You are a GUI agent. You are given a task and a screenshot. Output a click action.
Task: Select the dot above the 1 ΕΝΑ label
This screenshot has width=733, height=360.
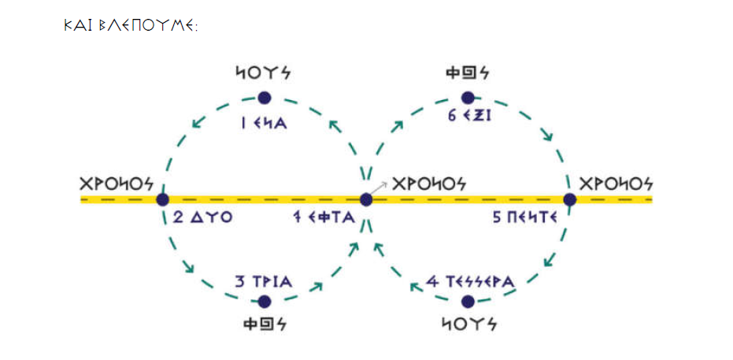[x=265, y=98]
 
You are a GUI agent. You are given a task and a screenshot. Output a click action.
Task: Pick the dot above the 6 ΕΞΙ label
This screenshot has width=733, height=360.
[x=468, y=98]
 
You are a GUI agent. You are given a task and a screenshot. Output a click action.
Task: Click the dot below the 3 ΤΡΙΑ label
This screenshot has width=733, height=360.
[x=265, y=302]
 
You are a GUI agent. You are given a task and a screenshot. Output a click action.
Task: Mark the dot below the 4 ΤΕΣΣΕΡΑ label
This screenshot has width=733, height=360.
[x=468, y=302]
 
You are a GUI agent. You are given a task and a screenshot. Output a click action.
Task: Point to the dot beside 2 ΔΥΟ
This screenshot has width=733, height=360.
[x=163, y=199]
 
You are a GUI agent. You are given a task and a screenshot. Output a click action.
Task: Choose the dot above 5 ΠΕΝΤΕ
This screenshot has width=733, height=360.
[x=570, y=199]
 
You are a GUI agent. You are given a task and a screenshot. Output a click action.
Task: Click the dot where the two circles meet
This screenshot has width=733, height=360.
[x=366, y=199]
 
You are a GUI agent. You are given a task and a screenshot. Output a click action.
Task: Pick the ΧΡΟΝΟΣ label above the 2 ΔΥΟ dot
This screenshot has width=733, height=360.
[x=116, y=183]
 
